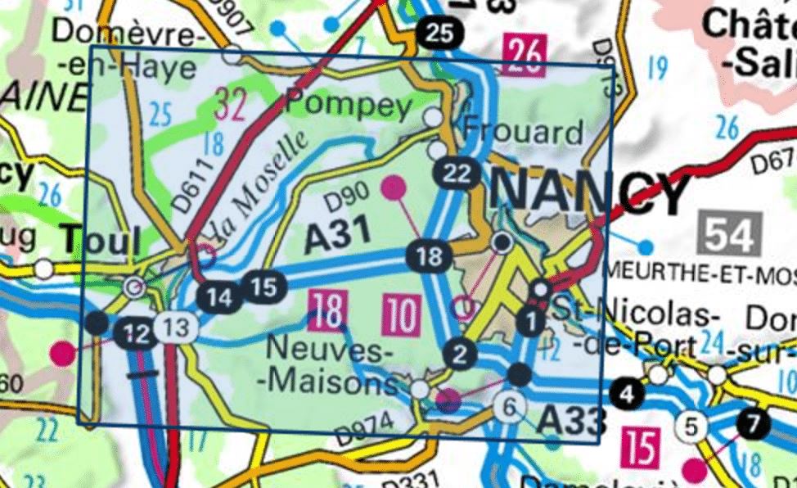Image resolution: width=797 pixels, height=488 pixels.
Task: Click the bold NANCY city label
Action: point(589,191)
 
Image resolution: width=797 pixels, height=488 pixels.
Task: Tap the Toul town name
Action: point(101,241)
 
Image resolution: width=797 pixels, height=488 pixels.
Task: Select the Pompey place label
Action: point(348,106)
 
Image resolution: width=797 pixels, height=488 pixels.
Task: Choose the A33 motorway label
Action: point(571,421)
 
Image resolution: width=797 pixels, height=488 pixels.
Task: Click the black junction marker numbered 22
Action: point(457,173)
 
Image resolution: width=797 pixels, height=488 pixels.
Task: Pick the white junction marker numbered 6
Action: point(510,404)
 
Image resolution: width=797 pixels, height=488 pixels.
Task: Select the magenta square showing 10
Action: point(401,316)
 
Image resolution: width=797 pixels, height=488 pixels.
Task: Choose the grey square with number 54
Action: point(730,234)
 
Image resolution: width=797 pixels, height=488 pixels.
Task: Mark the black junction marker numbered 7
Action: point(753,423)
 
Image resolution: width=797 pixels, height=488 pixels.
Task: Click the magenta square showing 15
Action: point(641,447)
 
